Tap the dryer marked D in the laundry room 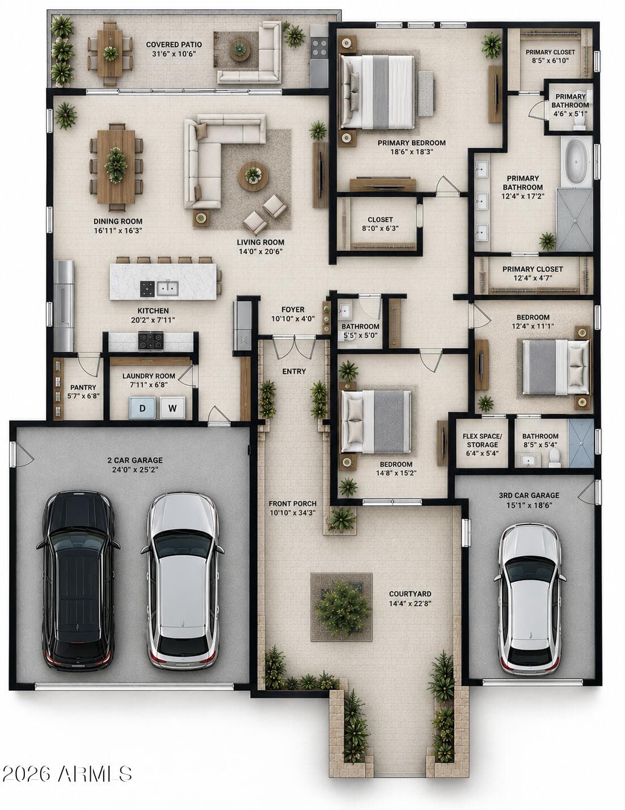[142, 408]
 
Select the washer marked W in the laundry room [172, 408]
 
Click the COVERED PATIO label [174, 44]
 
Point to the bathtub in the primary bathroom [577, 161]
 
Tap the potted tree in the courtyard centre [342, 608]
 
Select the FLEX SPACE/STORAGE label [482, 440]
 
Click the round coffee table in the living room [253, 176]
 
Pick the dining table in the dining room [116, 166]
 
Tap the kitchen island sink [168, 288]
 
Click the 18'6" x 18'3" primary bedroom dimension [412, 152]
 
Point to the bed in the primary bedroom [377, 92]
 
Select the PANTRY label [83, 387]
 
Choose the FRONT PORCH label [293, 503]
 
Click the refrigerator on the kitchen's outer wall [64, 305]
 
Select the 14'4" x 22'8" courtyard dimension [410, 603]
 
